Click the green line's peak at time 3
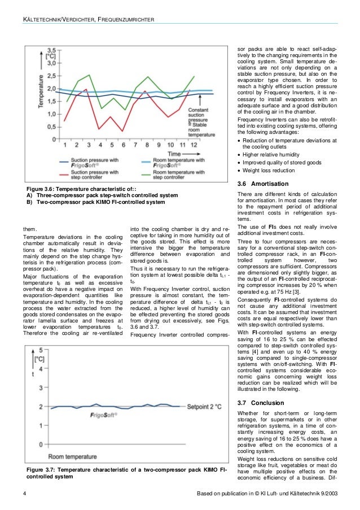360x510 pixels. tap(89, 75)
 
